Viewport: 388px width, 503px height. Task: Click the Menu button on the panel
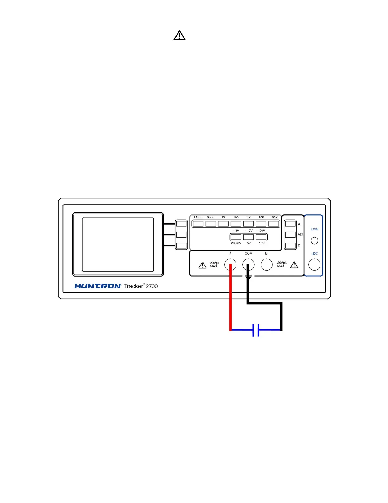pyautogui.click(x=198, y=224)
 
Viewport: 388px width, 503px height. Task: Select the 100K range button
pyautogui.click(x=274, y=224)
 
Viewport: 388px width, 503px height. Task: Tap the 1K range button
pyautogui.click(x=249, y=224)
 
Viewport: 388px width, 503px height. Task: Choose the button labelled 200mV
pyautogui.click(x=236, y=237)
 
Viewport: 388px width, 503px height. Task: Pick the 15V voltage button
pyautogui.click(x=261, y=237)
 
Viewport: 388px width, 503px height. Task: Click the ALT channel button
pyautogui.click(x=290, y=235)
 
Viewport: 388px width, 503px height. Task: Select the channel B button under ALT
pyautogui.click(x=290, y=245)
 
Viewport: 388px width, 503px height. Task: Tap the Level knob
pyautogui.click(x=314, y=241)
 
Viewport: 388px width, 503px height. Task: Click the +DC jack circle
pyautogui.click(x=314, y=265)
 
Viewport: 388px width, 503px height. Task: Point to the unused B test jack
pyautogui.click(x=267, y=265)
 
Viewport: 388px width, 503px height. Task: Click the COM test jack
pyautogui.click(x=249, y=265)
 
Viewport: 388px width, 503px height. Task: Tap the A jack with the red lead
pyautogui.click(x=230, y=265)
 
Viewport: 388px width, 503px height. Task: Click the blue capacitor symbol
pyautogui.click(x=256, y=330)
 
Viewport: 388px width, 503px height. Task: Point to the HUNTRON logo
pyautogui.click(x=98, y=286)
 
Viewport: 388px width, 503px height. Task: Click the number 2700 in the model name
pyautogui.click(x=152, y=286)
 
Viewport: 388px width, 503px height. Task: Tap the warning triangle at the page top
pyautogui.click(x=179, y=36)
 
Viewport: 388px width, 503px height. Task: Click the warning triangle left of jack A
pyautogui.click(x=202, y=265)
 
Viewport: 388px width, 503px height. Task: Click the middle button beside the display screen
pyautogui.click(x=181, y=235)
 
